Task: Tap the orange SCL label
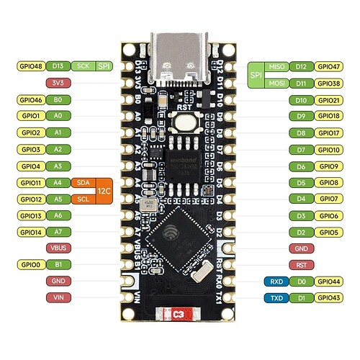81,199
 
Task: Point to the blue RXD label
275,282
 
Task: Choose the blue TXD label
275,297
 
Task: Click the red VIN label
58,297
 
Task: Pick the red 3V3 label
58,82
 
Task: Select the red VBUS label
58,248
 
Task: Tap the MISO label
275,66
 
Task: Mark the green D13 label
58,65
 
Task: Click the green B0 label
58,100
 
